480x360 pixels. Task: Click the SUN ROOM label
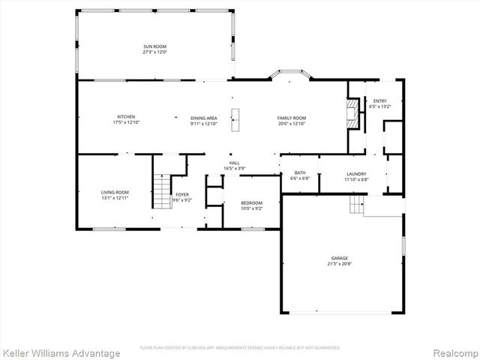pos(154,46)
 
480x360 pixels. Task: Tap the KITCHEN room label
pos(125,116)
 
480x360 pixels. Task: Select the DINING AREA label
pos(203,118)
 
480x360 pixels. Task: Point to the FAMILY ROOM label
pos(292,118)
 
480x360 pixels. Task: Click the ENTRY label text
pos(379,100)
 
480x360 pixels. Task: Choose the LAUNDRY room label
pos(355,173)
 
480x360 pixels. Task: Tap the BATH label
pos(299,173)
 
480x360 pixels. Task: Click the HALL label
pos(234,163)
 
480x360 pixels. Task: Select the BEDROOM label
pos(251,202)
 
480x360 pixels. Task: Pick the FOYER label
pos(182,194)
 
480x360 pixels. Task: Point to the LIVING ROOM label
pos(115,193)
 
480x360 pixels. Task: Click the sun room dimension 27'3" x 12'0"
pos(154,52)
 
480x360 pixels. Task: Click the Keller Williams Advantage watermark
pos(61,352)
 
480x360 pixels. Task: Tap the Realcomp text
pos(454,352)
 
